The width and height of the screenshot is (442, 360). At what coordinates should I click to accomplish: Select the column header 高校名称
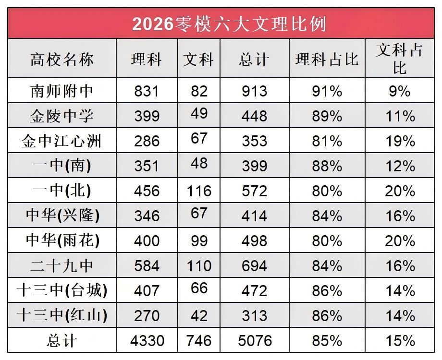(62, 60)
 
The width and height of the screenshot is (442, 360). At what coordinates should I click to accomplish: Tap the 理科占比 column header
(327, 60)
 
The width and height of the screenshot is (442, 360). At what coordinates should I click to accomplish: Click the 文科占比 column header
(399, 59)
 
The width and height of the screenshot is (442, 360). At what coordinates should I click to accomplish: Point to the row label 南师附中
(62, 91)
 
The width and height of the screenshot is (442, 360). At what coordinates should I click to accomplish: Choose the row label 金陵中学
(62, 116)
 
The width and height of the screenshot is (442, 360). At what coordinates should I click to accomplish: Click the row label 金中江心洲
(62, 141)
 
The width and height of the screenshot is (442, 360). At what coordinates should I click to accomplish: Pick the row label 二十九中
(62, 265)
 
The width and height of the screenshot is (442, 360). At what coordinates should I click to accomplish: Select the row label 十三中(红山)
(62, 315)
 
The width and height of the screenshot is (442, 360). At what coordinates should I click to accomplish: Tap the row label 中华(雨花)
(62, 240)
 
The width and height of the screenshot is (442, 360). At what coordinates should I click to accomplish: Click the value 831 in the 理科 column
(147, 91)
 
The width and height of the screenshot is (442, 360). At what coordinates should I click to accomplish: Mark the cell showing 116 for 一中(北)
(199, 191)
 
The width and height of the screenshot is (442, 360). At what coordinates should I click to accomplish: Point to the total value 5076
(255, 341)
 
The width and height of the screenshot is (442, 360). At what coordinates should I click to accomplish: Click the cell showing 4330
(147, 341)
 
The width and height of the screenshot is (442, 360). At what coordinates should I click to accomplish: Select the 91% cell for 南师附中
(327, 91)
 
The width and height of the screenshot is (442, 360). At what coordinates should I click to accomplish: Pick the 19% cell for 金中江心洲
(400, 141)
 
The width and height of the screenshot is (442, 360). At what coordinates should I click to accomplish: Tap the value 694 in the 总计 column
(255, 265)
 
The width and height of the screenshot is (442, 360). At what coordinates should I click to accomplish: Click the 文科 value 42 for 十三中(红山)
(199, 315)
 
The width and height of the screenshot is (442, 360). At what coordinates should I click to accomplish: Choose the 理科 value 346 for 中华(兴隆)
(147, 216)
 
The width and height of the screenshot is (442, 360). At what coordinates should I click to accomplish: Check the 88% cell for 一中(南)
(327, 166)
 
